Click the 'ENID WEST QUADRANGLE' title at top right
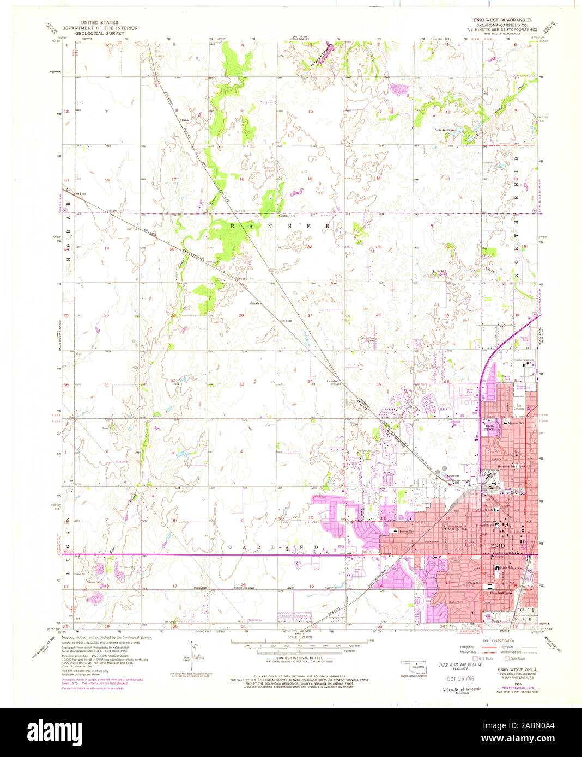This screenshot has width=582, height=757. pyautogui.click(x=504, y=19)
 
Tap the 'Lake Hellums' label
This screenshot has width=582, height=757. pyautogui.click(x=445, y=130)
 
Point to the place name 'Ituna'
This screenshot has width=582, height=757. pyautogui.click(x=185, y=119)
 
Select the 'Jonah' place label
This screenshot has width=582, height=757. pyautogui.click(x=254, y=303)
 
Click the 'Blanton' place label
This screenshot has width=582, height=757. pyautogui.click(x=332, y=381)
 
